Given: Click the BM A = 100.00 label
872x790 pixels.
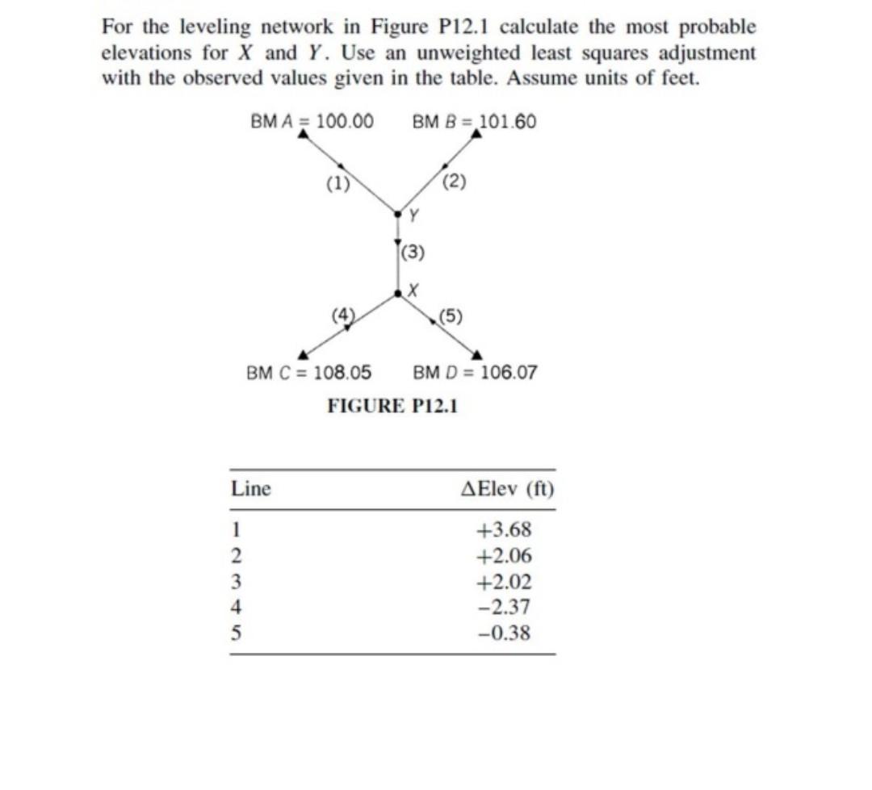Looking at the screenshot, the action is [x=312, y=122].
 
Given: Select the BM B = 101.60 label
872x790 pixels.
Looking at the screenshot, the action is [x=474, y=122].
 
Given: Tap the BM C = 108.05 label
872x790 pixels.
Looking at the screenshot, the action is [x=308, y=373].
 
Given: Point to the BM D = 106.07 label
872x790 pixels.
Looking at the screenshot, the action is [x=475, y=373].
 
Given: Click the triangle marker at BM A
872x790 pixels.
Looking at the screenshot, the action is [x=303, y=135].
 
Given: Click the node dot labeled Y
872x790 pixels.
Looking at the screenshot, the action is [x=397, y=214].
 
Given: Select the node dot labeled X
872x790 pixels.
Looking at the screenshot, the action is [x=397, y=295].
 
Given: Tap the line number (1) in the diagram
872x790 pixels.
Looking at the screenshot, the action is [x=337, y=182].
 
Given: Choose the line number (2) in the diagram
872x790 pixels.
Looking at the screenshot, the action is [x=455, y=180].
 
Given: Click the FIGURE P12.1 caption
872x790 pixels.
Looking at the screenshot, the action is [x=392, y=406].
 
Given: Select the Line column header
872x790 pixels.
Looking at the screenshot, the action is [x=251, y=489].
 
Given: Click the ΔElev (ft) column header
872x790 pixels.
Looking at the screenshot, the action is [x=506, y=489].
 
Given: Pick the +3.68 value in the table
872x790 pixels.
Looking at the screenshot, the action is [x=504, y=530].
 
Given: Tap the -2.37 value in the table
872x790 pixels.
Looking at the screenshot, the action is [x=504, y=608].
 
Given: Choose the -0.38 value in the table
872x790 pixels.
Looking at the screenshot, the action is [x=504, y=633].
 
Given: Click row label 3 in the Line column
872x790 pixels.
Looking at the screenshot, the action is [x=237, y=582].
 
